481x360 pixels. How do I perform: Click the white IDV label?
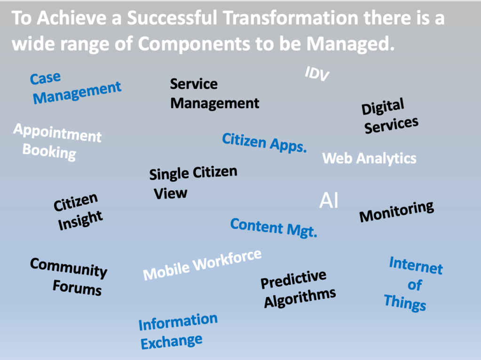point(317,74)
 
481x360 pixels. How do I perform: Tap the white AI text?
point(329,201)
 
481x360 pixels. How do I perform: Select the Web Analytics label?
point(370,159)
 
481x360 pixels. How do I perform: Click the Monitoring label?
point(397,211)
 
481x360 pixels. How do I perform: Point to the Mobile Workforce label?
point(202,265)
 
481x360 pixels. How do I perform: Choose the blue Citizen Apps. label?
point(264,142)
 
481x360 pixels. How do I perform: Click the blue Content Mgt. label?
point(274,227)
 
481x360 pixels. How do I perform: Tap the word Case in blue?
point(46,78)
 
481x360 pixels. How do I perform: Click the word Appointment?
point(57,133)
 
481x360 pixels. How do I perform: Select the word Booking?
point(49,152)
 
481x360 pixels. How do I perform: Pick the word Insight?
point(80,220)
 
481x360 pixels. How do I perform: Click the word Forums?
point(77,288)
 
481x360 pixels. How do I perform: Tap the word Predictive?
point(293,279)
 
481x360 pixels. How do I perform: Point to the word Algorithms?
point(300,298)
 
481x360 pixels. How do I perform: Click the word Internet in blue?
point(416,266)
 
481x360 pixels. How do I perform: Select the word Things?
point(405,303)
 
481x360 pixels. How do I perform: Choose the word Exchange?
point(172,342)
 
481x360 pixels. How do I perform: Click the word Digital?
point(383,107)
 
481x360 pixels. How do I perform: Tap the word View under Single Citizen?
point(171,194)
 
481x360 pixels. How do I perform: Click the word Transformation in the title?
point(291,18)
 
